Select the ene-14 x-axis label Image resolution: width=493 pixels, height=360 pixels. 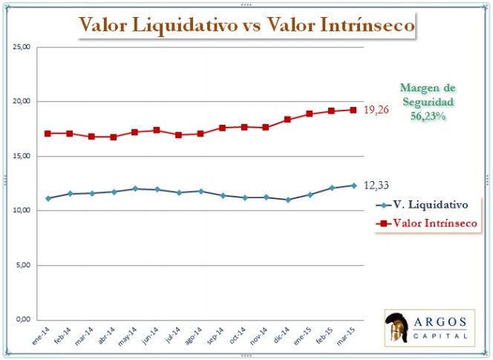tap(44, 335)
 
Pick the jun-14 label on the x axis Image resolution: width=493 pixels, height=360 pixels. tap(152, 335)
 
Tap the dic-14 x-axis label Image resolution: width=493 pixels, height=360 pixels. tap(283, 335)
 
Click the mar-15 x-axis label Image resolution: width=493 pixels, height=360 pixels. tap(348, 335)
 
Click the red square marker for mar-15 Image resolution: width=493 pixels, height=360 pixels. tap(353, 110)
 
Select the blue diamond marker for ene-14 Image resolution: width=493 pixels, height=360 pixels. tap(48, 198)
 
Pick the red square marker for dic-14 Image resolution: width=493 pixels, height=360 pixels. tap(288, 119)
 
